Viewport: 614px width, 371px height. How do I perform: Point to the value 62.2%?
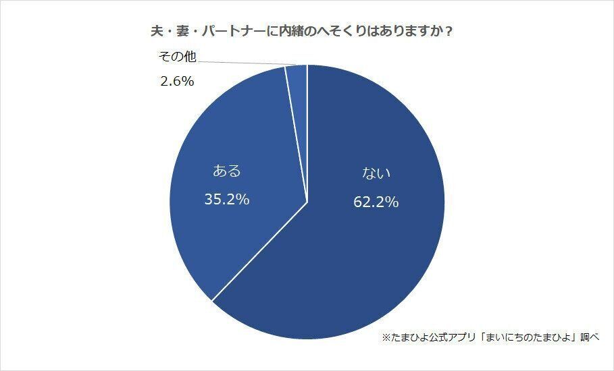[376, 201]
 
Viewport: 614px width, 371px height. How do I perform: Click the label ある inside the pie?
[226, 171]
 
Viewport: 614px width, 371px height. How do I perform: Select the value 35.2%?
[227, 199]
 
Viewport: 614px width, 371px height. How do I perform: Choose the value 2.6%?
[177, 82]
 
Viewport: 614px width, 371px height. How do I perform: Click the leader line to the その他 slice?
[243, 62]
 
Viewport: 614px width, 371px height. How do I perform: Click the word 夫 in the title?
[155, 32]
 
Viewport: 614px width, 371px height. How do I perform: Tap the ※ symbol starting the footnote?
[386, 337]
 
